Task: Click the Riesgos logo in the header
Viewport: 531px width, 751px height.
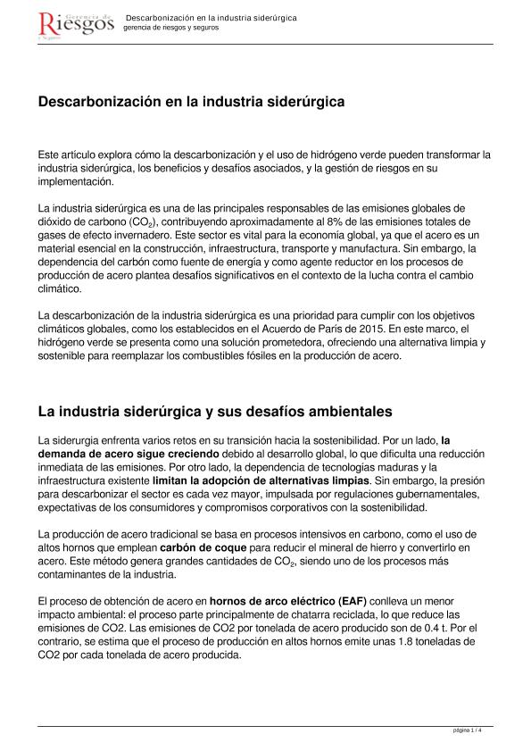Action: [76, 26]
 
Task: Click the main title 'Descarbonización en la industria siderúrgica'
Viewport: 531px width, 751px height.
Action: [191, 103]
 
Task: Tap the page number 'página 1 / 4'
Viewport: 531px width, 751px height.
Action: [468, 731]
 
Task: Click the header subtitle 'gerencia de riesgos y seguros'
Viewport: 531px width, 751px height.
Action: [170, 28]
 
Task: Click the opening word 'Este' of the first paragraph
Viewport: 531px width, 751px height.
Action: [49, 154]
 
